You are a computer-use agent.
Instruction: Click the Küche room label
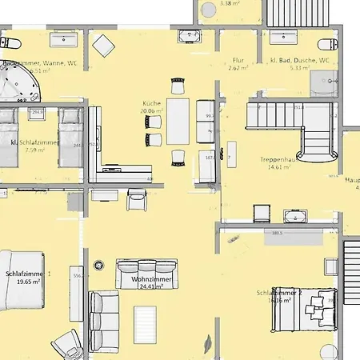[153, 104]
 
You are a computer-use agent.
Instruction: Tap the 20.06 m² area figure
[153, 112]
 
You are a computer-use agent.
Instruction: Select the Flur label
[238, 60]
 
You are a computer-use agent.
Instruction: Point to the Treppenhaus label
[278, 159]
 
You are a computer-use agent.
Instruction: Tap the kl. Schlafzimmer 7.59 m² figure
[33, 150]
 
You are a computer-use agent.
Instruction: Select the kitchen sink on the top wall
[189, 34]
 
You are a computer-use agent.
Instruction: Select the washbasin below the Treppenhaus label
[292, 214]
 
